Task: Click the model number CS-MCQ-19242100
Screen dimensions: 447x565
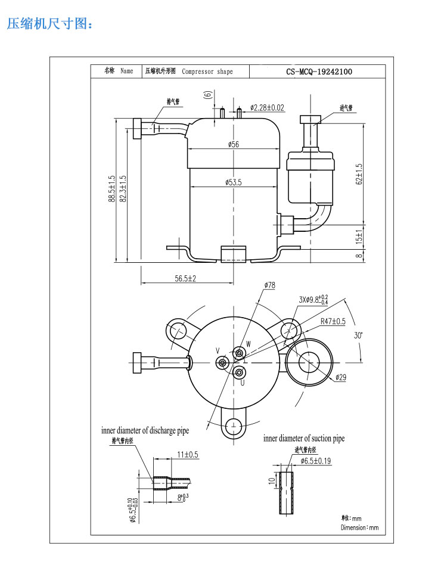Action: pos(319,72)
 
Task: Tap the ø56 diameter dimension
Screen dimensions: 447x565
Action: pos(234,144)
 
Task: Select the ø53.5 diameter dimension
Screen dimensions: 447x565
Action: pos(234,182)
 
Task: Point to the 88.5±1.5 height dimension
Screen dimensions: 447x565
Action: pos(112,188)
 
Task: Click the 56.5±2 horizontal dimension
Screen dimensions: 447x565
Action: pos(185,278)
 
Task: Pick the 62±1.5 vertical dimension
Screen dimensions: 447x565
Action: pos(359,175)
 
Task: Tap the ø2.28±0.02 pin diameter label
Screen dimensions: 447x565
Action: pos(267,108)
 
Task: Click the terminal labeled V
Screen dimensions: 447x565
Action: pos(222,362)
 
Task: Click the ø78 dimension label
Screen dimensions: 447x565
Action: pos(269,285)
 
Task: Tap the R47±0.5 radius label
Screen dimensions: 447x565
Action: pos(333,321)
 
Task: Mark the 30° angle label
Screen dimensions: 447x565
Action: pos(358,336)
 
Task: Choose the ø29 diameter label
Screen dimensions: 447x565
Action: pos(341,377)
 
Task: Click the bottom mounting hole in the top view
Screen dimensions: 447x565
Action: pos(234,426)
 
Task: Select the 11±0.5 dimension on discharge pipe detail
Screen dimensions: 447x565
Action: pos(188,455)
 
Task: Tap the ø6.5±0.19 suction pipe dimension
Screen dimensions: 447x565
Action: pos(316,461)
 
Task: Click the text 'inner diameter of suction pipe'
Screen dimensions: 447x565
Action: pos(304,439)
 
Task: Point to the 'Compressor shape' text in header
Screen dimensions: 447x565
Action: pos(207,72)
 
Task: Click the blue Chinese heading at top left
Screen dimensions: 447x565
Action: pos(50,24)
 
